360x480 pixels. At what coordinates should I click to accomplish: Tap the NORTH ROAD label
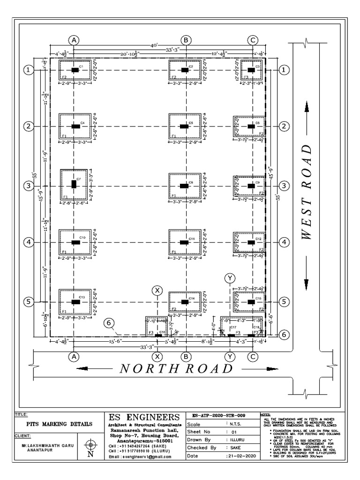(x=176, y=369)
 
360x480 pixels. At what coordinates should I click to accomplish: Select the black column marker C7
(x=74, y=184)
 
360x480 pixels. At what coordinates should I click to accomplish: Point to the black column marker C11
(x=185, y=242)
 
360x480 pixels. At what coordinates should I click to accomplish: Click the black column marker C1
(x=75, y=70)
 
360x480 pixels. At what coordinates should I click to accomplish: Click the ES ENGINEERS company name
(x=144, y=417)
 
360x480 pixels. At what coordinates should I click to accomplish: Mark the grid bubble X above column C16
(x=157, y=291)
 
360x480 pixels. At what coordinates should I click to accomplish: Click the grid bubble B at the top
(x=187, y=40)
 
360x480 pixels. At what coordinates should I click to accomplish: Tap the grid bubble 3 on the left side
(x=29, y=186)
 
